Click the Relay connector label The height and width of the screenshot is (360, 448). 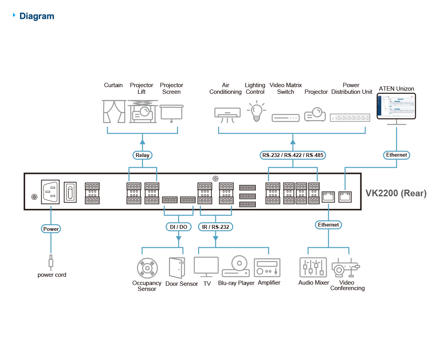pos(142,155)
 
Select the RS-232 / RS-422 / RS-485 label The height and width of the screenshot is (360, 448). pos(292,155)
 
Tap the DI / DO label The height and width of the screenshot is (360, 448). pos(178,227)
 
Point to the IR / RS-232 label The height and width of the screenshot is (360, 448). pos(215,227)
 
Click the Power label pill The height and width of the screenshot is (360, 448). pos(51,229)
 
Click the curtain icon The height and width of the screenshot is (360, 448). pos(114,111)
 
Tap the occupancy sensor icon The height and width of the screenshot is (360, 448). pos(147,269)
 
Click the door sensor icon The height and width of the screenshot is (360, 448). pos(176,268)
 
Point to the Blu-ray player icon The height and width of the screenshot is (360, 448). pos(236,267)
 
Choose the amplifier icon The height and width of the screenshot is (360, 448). pos(267,268)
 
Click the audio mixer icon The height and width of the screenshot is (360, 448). pos(313,268)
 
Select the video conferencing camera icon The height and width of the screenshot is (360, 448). pos(346,269)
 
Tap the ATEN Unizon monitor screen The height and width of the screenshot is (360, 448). pos(397,106)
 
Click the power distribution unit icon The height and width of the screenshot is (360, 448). pos(350,117)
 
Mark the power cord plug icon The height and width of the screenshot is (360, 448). pos(51,261)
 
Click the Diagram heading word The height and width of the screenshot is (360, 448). pos(37,16)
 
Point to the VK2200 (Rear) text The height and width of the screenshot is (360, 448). pos(396,193)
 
